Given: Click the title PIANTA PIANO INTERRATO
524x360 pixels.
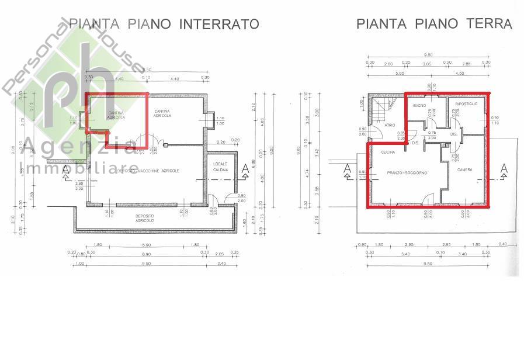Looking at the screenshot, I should [164, 24].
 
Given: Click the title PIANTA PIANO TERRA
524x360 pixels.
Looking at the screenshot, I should [434, 24].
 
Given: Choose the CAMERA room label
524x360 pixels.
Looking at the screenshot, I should [465, 170].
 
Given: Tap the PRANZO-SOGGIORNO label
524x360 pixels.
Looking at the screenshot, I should [407, 173].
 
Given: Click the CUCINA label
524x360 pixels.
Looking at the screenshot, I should [388, 152].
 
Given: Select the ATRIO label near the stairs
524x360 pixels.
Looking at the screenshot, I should [390, 124].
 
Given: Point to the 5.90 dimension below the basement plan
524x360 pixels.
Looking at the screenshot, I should [147, 245].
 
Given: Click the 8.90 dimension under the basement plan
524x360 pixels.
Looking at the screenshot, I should [147, 255].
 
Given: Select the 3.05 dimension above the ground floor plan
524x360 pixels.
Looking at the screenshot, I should [426, 63].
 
